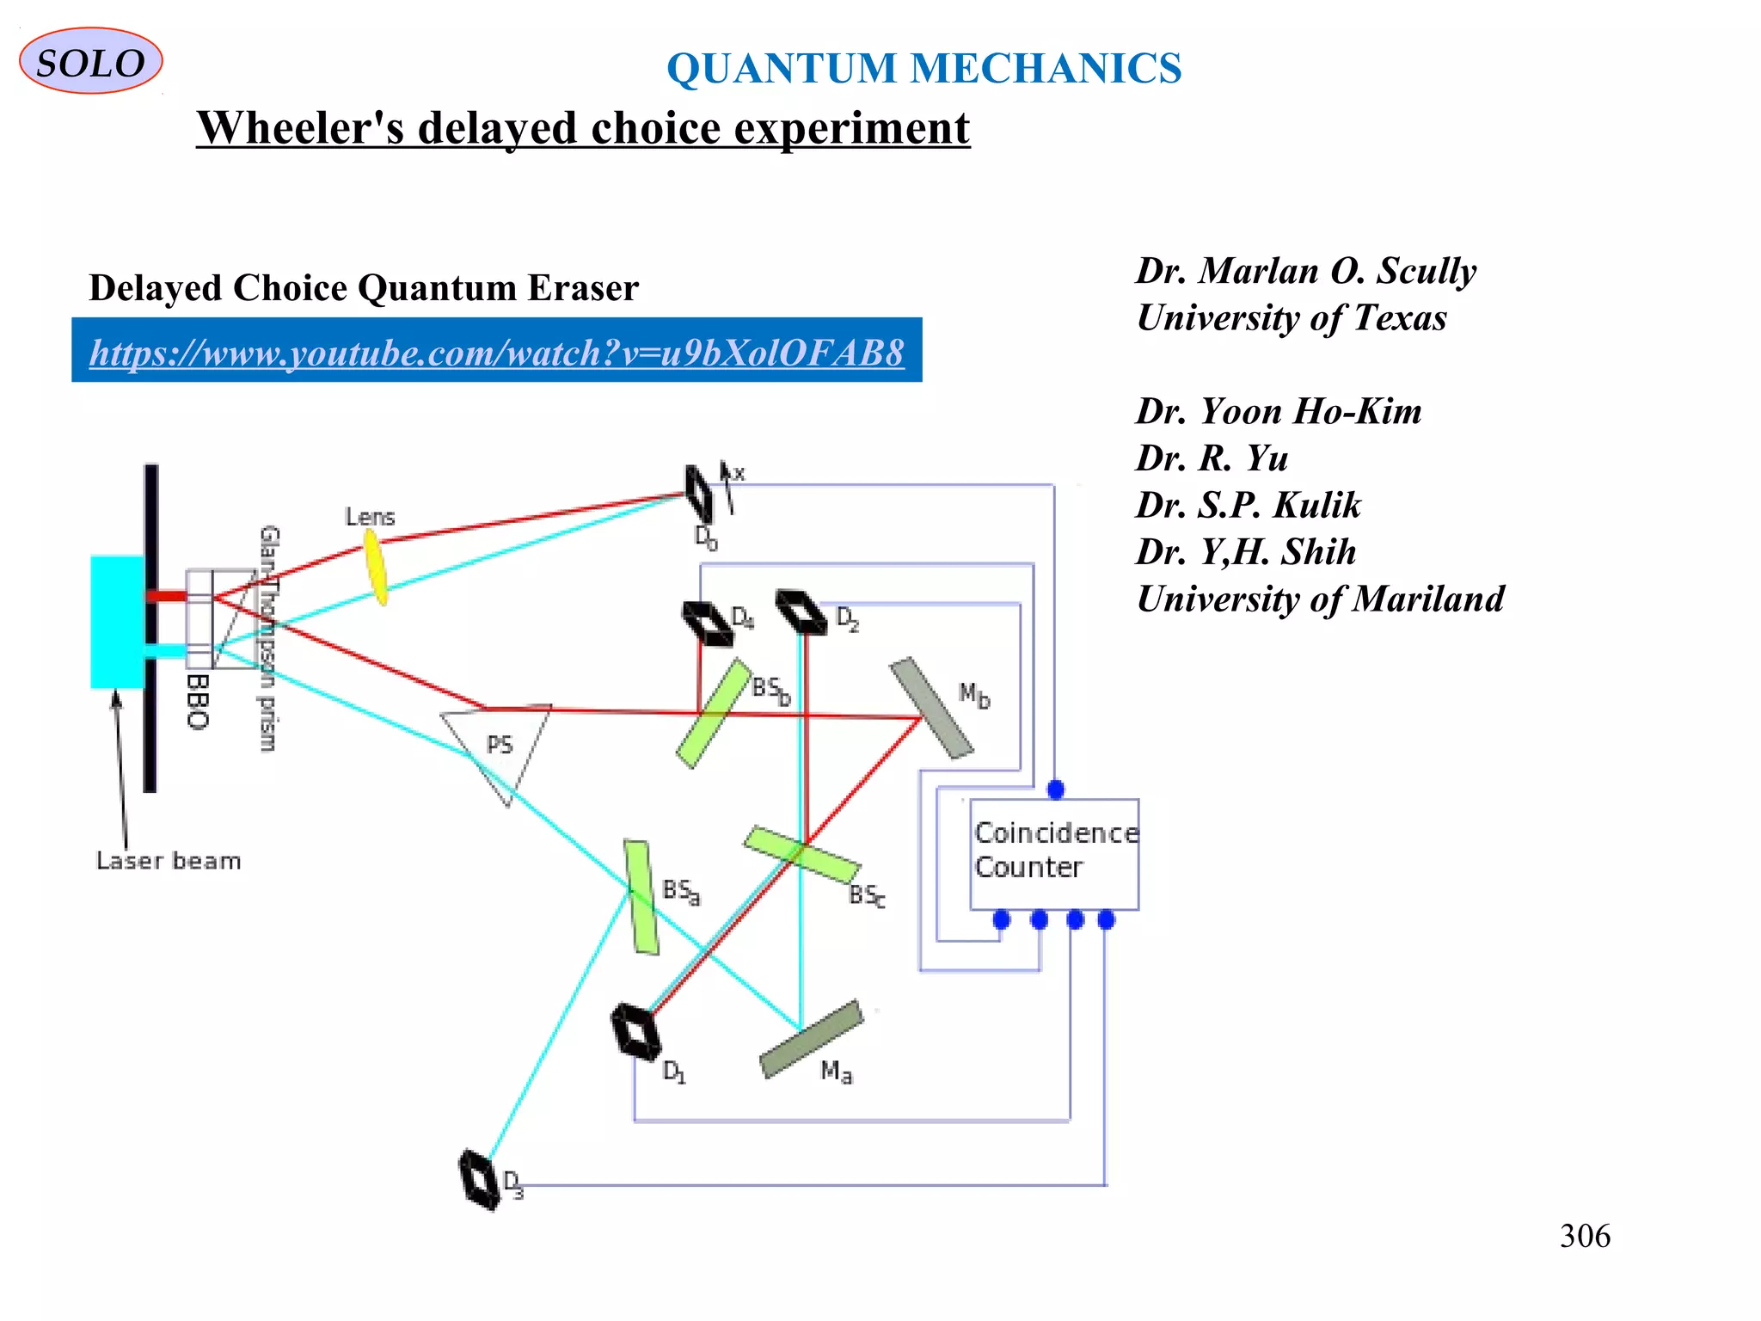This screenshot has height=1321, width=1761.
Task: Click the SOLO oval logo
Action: (90, 62)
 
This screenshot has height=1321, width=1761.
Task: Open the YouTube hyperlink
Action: (496, 353)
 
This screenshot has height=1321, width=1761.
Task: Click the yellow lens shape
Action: (376, 566)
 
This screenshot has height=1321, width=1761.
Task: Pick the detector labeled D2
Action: (801, 611)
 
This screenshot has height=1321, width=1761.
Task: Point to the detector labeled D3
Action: (479, 1179)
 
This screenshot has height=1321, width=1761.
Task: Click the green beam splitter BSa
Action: (641, 897)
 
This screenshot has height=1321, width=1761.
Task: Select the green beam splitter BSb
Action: (714, 713)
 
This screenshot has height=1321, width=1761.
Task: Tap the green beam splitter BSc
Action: (801, 855)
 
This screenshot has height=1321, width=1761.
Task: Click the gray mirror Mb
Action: (931, 708)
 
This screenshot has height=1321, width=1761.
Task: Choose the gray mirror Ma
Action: (811, 1039)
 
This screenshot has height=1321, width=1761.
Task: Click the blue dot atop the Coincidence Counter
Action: (1056, 790)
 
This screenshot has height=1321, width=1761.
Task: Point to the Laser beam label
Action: (169, 861)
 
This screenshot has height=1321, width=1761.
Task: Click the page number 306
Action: (1584, 1236)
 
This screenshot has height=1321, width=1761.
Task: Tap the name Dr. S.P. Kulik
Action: (1248, 505)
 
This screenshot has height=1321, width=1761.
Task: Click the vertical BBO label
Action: (198, 702)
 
